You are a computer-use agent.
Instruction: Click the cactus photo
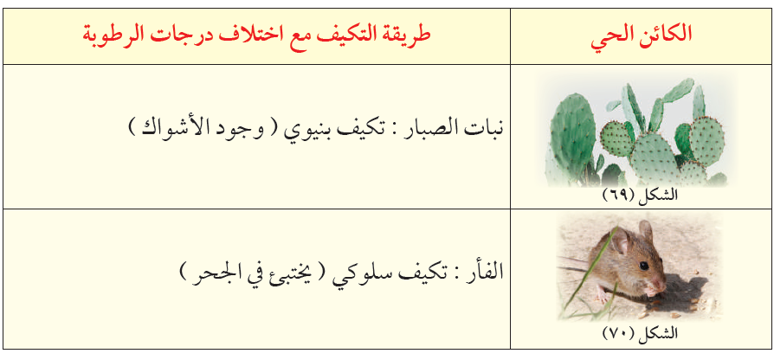coord(642,130)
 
